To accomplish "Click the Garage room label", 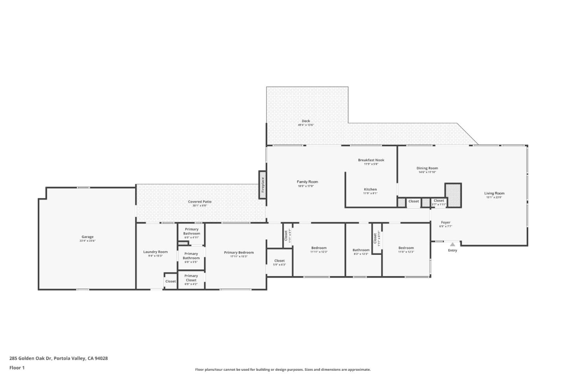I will [x=87, y=237].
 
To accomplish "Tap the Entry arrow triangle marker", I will [x=452, y=244].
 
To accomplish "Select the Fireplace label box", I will [x=263, y=185].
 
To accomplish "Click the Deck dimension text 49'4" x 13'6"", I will [x=305, y=125].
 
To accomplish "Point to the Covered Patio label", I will [x=200, y=201].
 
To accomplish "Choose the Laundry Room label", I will [x=155, y=252].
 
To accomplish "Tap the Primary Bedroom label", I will [x=239, y=253].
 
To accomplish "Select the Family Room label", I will [x=307, y=182].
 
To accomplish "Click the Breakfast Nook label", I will [x=371, y=160].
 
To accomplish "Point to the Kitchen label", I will [x=370, y=189].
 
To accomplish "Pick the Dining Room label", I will [x=427, y=168].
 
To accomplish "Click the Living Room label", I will [x=494, y=193].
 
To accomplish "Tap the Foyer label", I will [x=445, y=222].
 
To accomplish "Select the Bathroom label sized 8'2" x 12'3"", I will [x=361, y=250].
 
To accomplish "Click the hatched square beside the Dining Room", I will [x=453, y=195].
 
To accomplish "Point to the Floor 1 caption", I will [x=17, y=368].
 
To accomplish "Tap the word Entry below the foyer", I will [x=452, y=251].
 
